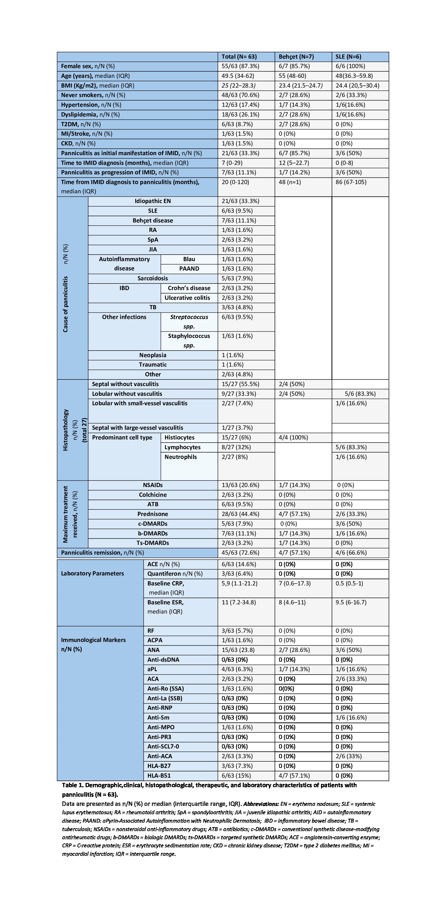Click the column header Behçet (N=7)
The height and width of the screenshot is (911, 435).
point(296,57)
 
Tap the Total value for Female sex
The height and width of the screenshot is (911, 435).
point(240,66)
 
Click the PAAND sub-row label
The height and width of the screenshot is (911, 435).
point(189,269)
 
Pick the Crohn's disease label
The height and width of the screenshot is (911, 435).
point(189,288)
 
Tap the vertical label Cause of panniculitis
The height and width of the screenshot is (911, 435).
point(66,304)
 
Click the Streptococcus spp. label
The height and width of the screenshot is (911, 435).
point(189,321)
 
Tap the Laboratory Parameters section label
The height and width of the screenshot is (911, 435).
point(92,573)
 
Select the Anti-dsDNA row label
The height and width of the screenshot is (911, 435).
point(163,660)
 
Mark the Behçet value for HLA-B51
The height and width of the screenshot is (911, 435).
point(294,776)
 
